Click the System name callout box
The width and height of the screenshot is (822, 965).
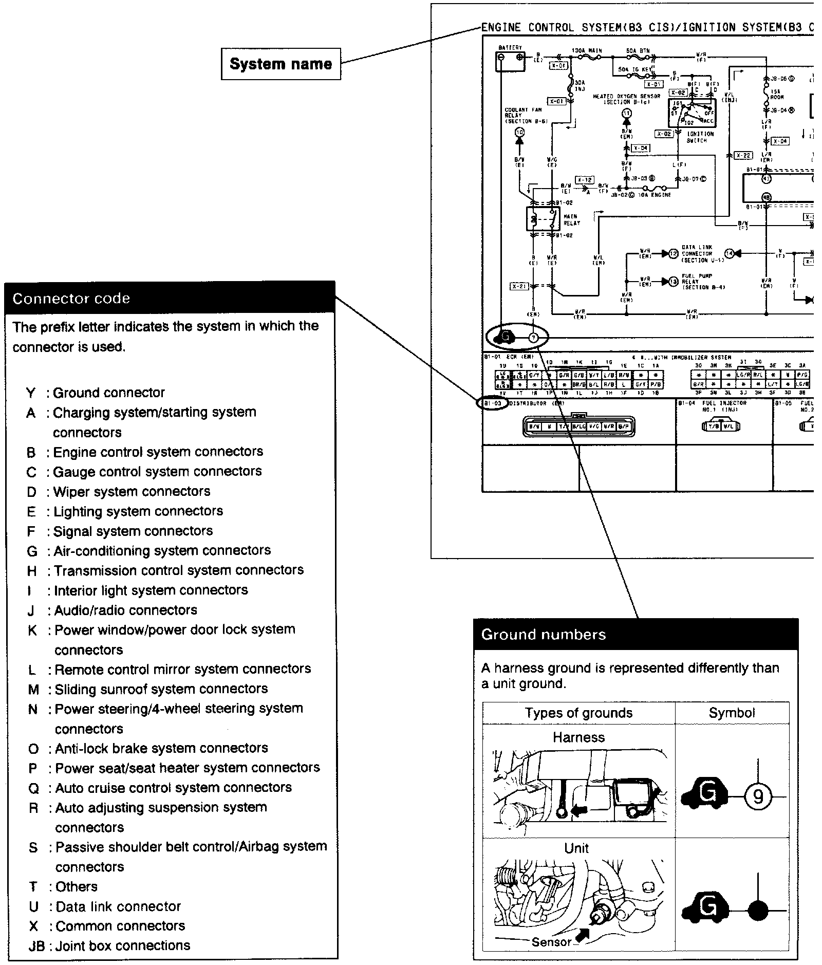(281, 64)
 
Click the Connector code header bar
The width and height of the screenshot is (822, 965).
(170, 298)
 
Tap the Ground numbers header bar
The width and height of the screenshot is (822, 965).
(636, 634)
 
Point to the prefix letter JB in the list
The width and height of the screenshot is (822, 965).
(36, 946)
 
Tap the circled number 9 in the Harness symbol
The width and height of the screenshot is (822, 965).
(758, 797)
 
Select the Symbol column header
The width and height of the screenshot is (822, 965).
(732, 713)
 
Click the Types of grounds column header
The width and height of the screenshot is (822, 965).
(578, 713)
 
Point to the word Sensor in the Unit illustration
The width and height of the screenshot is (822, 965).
(551, 941)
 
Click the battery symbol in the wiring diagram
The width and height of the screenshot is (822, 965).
(510, 61)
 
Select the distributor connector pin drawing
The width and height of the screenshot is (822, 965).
(578, 426)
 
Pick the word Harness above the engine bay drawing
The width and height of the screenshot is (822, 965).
(578, 737)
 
